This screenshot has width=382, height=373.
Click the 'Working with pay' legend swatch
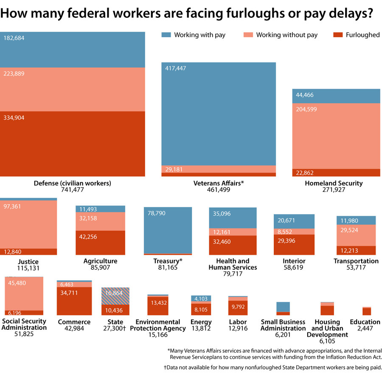[x=166, y=35]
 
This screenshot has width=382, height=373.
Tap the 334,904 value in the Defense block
[x=14, y=118]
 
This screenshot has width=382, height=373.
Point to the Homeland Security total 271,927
[x=334, y=190]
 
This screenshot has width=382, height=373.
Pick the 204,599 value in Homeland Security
[x=306, y=109]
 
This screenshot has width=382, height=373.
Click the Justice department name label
[x=28, y=262]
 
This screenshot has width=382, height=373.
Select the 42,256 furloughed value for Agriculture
[x=88, y=237]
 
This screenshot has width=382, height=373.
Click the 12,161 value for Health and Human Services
[x=222, y=232]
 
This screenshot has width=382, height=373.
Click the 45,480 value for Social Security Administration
[x=16, y=283]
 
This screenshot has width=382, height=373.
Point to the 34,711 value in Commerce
[x=70, y=293]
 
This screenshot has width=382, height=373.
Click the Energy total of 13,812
[x=201, y=329]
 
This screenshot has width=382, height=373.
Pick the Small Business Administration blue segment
[x=283, y=307]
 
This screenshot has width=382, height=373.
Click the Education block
[x=367, y=311]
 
